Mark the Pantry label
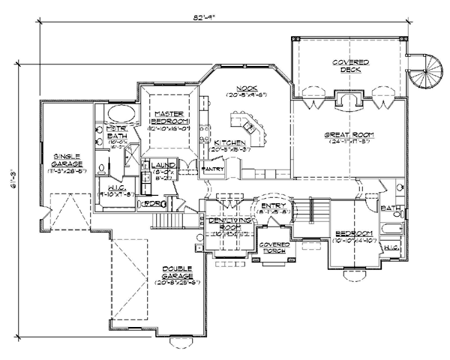[x=213, y=169]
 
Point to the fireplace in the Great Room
[x=347, y=100]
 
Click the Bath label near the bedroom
[x=389, y=208]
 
